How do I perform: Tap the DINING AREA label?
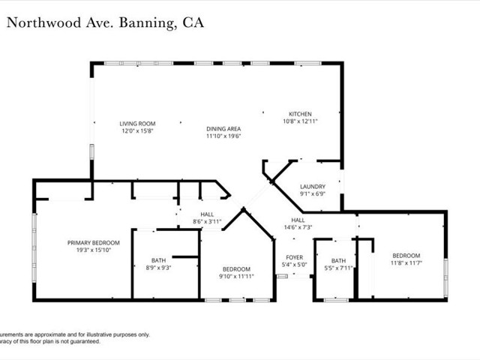click(x=223, y=129)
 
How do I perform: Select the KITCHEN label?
click(x=301, y=114)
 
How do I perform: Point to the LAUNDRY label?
click(x=312, y=187)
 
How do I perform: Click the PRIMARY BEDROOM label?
click(x=94, y=242)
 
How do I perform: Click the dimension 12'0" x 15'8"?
click(x=137, y=130)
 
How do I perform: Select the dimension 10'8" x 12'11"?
click(x=301, y=121)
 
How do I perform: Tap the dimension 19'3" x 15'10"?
click(x=94, y=250)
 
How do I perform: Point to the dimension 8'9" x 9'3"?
click(x=158, y=267)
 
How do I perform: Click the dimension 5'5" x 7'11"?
click(x=340, y=268)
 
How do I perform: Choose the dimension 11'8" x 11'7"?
click(x=406, y=262)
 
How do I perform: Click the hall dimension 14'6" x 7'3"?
click(x=298, y=227)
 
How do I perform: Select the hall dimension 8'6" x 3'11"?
click(x=207, y=221)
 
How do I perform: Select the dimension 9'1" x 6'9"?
click(x=312, y=194)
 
